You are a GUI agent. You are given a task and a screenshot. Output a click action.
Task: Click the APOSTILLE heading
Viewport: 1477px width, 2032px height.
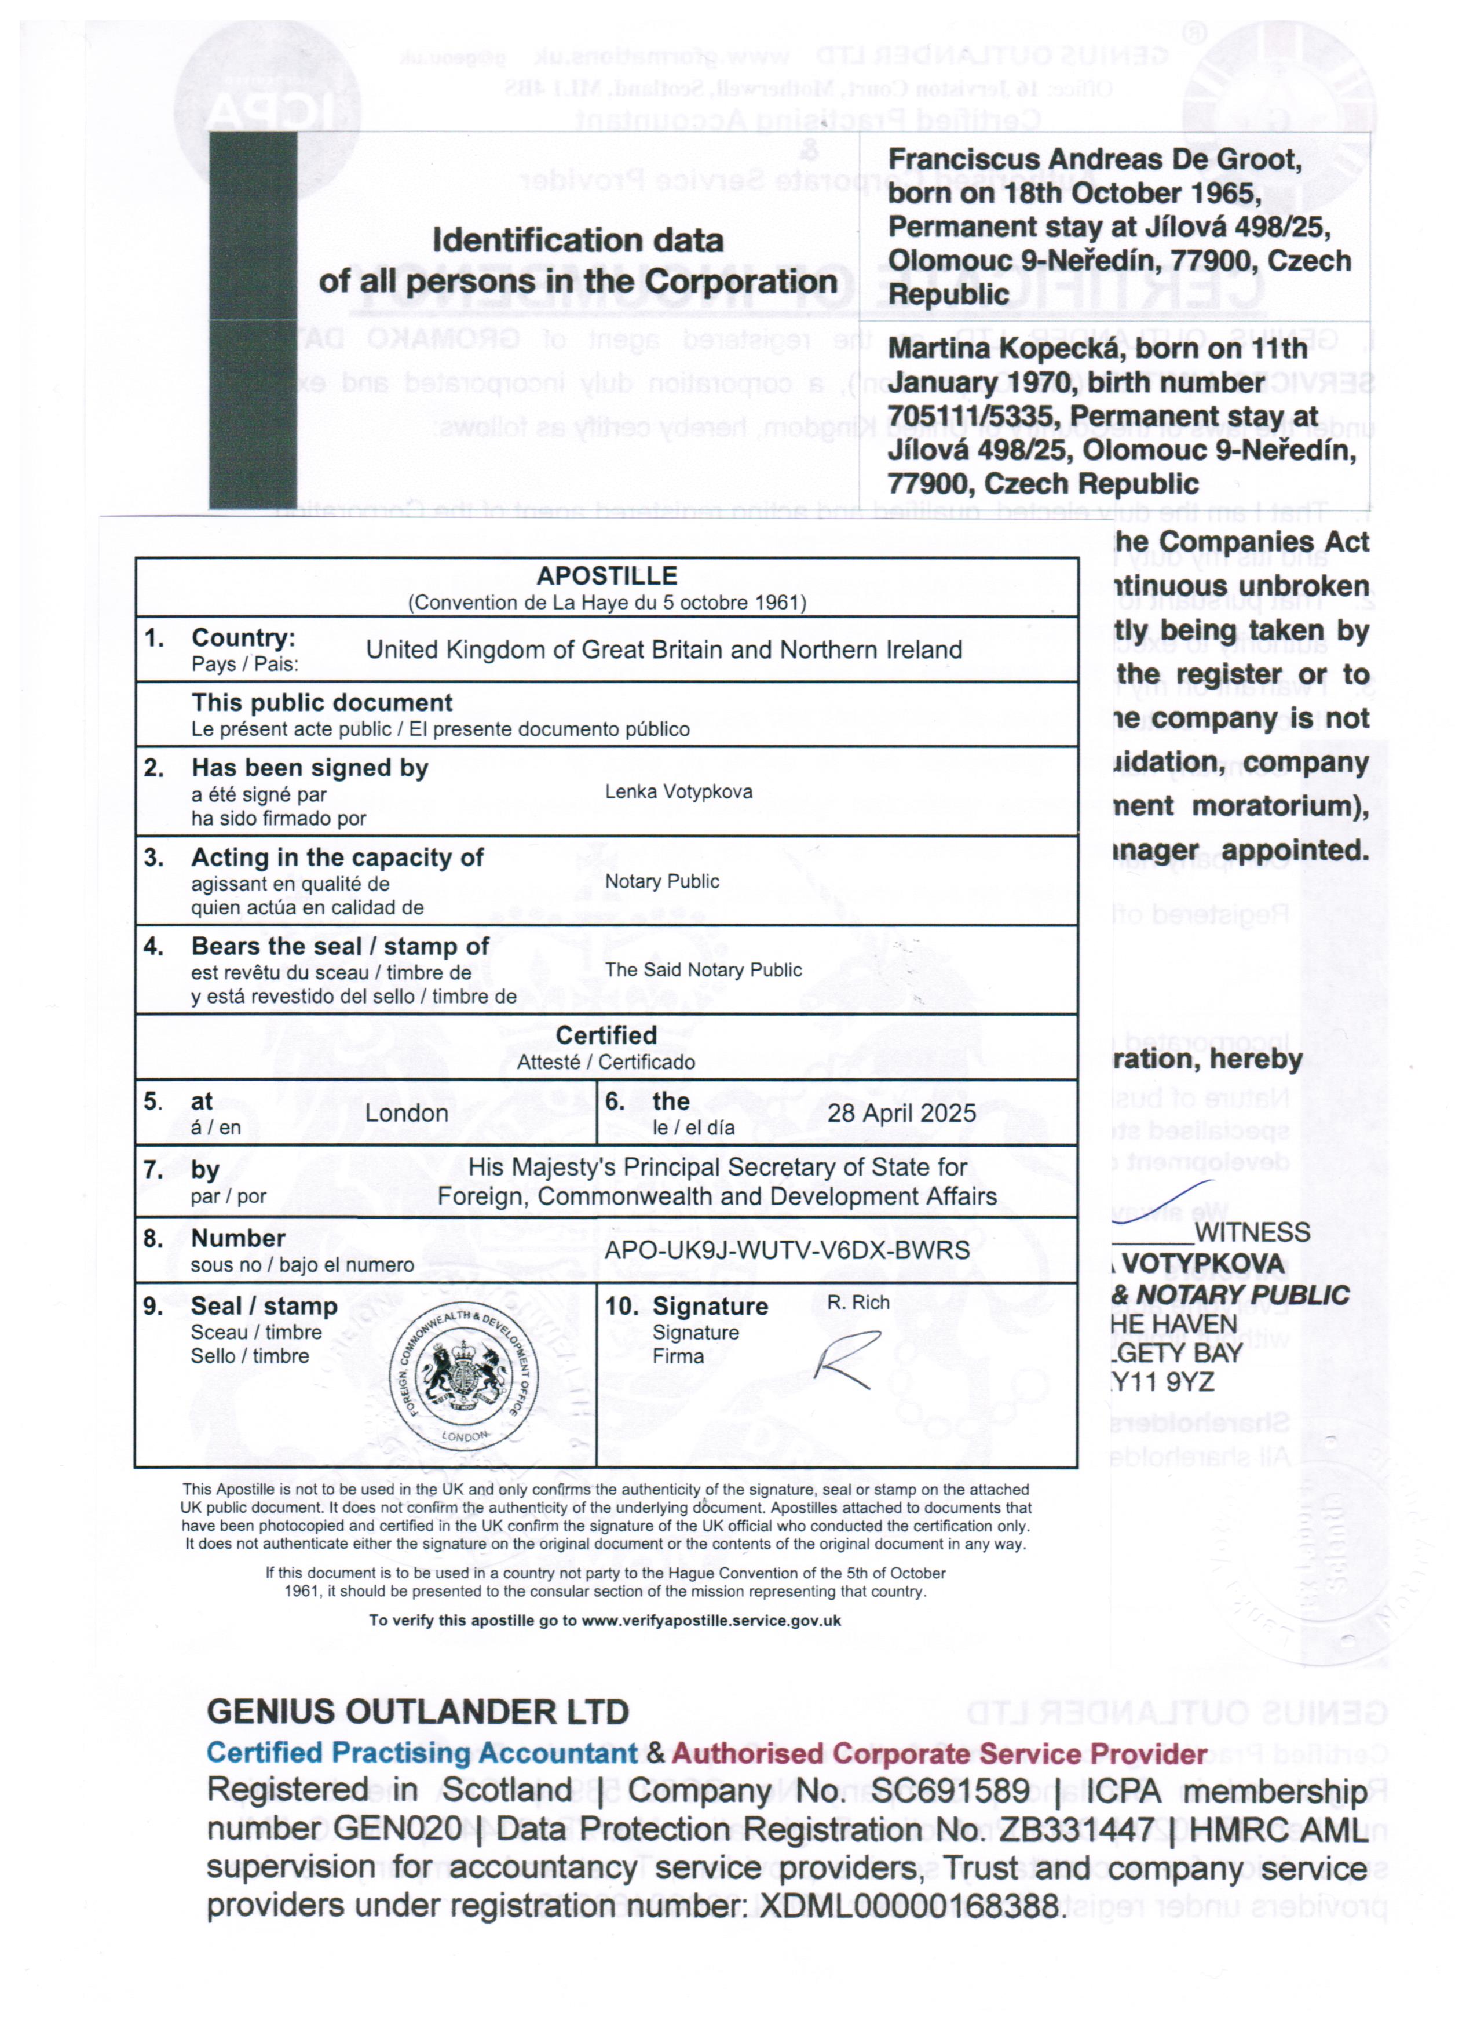click(606, 575)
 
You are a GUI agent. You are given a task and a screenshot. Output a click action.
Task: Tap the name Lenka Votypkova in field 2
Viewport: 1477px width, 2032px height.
click(678, 791)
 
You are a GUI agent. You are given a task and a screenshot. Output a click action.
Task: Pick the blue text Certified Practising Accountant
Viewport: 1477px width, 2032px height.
click(422, 1753)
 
